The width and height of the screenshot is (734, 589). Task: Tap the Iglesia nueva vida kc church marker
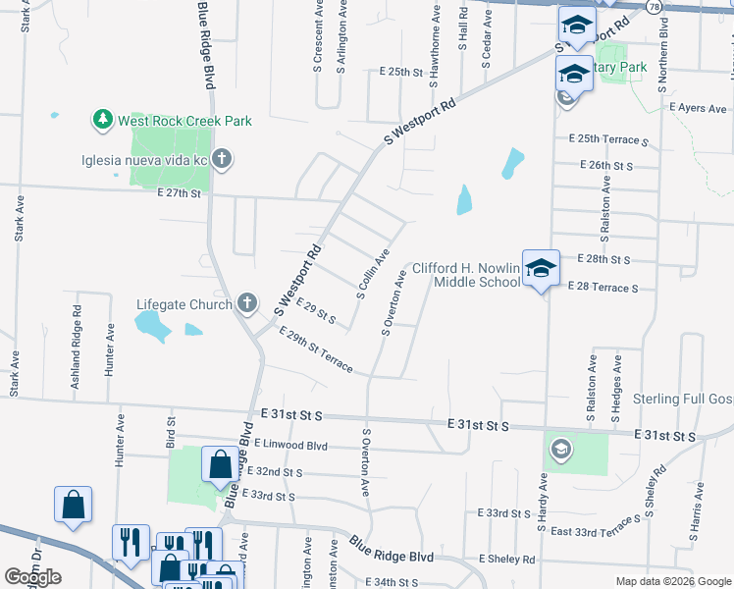click(222, 158)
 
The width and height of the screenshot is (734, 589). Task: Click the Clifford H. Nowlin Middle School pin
click(540, 268)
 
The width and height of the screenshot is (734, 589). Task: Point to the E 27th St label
click(179, 193)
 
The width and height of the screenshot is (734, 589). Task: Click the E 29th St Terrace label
click(316, 350)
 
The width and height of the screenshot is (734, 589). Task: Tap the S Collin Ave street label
click(375, 275)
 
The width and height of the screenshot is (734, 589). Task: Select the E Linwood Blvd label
click(290, 444)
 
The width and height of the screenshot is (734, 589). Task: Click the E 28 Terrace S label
click(603, 288)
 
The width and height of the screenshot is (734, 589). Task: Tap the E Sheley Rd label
click(507, 560)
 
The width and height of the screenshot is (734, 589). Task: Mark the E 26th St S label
click(606, 165)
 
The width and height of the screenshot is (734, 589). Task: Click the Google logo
click(33, 577)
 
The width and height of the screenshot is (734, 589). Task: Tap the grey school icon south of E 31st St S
click(559, 450)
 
